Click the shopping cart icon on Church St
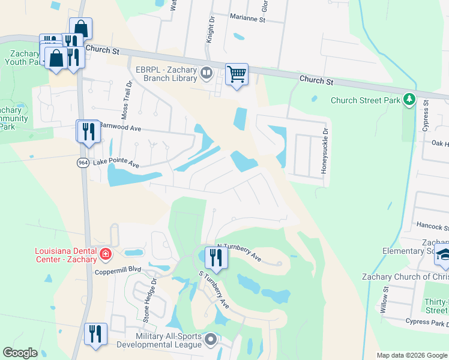click(x=237, y=75)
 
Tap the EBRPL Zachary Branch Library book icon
click(x=206, y=73)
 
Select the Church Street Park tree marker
click(x=409, y=99)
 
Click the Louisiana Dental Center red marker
click(x=106, y=253)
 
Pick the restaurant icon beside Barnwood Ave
click(x=88, y=131)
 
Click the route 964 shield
click(x=82, y=163)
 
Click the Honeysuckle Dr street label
click(x=325, y=152)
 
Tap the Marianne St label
click(x=247, y=19)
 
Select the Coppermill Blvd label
click(x=118, y=271)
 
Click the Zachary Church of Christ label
click(x=405, y=277)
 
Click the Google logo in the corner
click(x=20, y=353)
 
